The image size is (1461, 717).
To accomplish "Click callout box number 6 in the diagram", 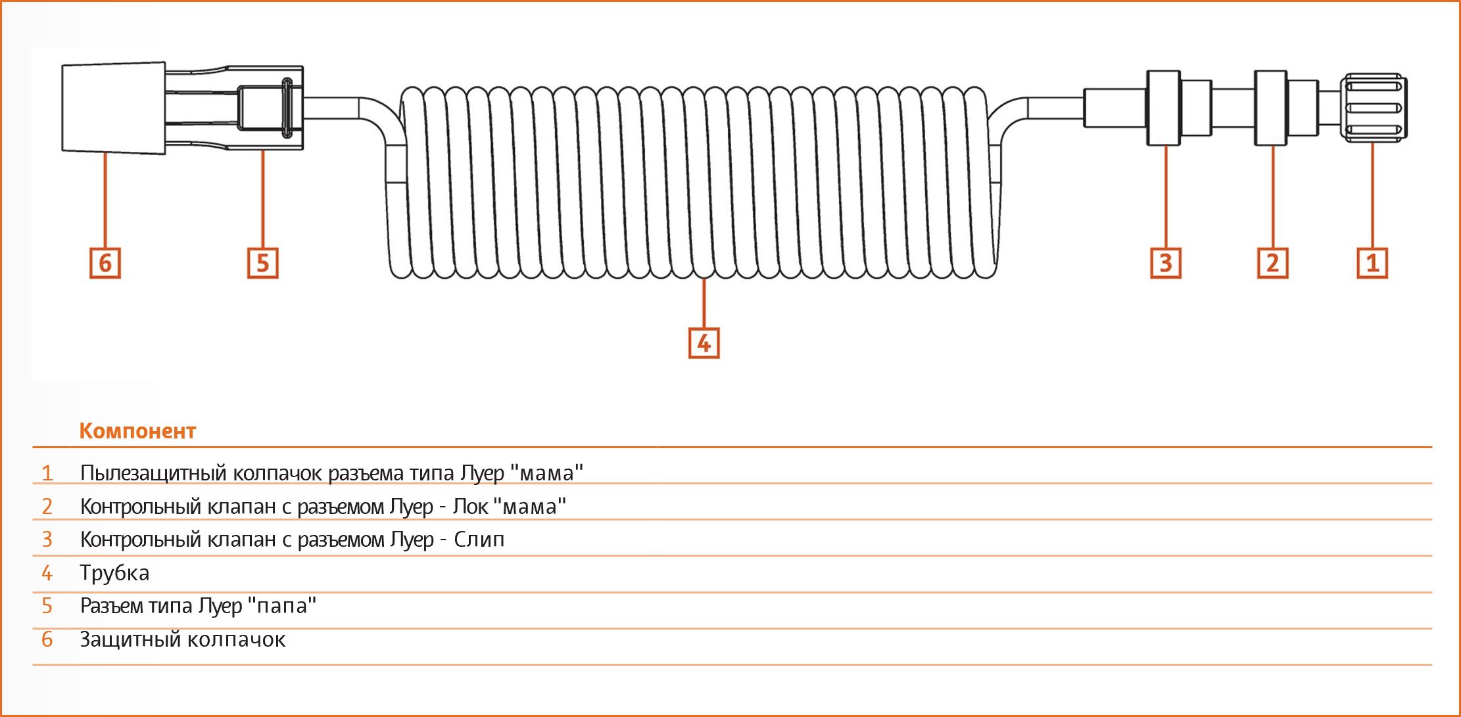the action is (105, 263).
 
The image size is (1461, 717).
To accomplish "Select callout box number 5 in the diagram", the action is (263, 263).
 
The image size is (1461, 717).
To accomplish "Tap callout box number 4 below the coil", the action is (704, 343).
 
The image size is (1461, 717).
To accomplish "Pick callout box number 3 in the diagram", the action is (1166, 263).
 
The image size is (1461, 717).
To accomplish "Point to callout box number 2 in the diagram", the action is (1273, 263).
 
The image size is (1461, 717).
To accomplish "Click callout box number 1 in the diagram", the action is (1373, 263).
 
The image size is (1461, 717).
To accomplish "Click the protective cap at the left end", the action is (113, 108).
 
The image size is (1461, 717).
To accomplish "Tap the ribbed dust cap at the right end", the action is (1374, 108).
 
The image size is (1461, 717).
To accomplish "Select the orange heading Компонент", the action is (137, 431).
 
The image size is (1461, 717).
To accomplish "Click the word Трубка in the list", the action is (114, 573).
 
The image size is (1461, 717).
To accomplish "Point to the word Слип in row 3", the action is (479, 540).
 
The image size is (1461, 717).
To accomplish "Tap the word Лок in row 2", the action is (469, 507).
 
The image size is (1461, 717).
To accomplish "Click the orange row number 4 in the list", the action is (47, 573).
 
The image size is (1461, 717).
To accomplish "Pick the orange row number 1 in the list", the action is (47, 473).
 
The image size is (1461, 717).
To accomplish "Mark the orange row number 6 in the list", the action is (47, 639).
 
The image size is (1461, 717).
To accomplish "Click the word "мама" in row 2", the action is (529, 506).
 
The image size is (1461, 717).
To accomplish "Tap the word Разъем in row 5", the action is (112, 606).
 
